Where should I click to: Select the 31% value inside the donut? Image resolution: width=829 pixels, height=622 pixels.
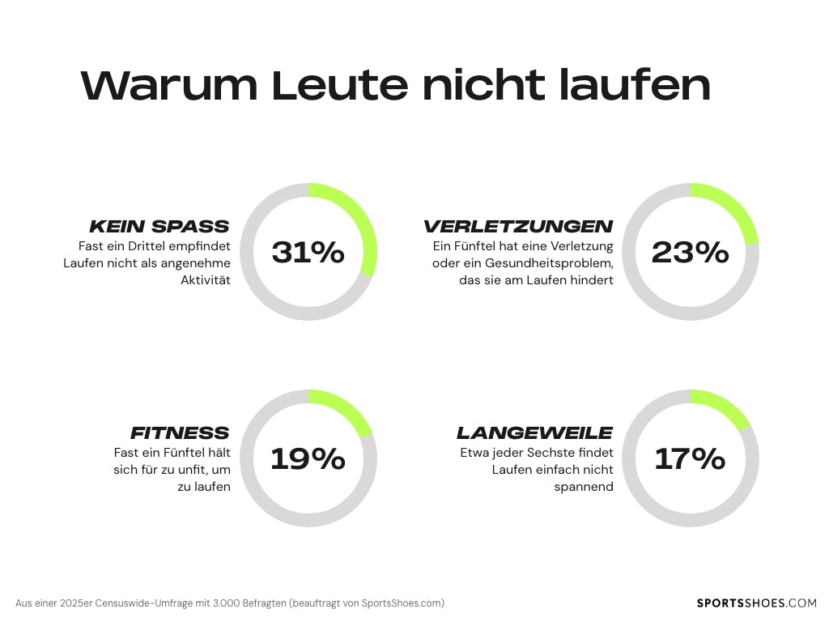click(308, 253)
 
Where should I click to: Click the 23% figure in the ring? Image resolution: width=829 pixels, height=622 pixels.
click(690, 253)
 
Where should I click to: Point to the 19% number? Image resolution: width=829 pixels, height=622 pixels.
click(308, 459)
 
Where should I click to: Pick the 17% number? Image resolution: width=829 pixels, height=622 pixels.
click(690, 459)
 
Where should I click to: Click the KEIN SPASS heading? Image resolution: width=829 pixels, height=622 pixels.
click(159, 226)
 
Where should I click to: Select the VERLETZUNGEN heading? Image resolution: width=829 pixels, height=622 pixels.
click(518, 226)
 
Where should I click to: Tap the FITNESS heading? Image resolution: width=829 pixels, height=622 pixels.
click(180, 432)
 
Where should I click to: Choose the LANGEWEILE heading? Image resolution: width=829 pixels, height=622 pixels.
click(534, 432)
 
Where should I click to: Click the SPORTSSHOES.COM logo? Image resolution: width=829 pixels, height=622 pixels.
click(757, 603)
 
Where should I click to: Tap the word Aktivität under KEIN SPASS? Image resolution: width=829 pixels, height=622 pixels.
click(206, 280)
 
